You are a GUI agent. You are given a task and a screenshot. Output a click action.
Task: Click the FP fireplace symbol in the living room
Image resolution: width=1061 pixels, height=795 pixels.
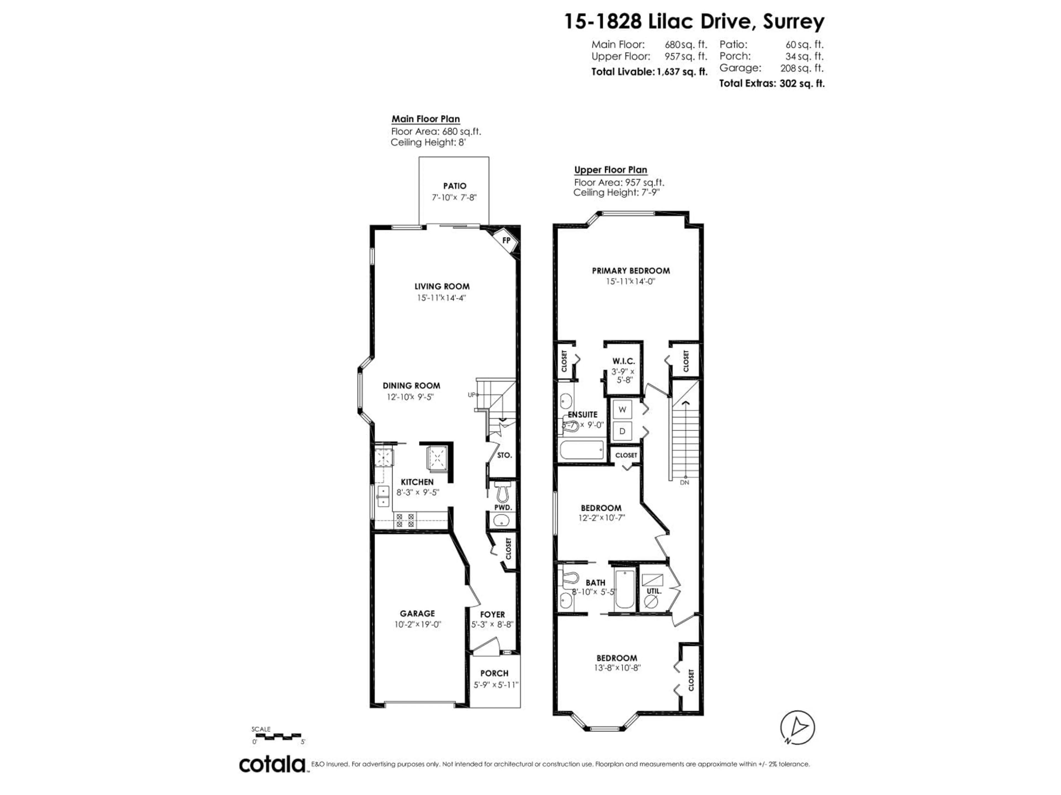(x=506, y=240)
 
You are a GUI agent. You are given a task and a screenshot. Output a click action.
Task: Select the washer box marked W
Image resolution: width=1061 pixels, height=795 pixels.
(x=623, y=409)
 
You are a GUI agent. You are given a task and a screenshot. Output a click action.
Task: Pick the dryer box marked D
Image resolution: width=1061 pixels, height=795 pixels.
(x=623, y=431)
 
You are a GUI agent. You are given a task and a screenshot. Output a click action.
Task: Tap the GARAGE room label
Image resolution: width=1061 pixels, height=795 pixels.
(x=417, y=613)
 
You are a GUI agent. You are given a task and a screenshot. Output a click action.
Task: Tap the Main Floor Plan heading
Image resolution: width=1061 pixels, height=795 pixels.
(x=426, y=119)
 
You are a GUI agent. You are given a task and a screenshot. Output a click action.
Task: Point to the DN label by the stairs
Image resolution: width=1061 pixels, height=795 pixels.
(x=684, y=483)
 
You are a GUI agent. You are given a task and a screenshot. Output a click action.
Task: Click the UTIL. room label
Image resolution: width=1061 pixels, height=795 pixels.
(x=654, y=591)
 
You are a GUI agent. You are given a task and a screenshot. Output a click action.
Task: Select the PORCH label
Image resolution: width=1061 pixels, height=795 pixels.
(x=494, y=673)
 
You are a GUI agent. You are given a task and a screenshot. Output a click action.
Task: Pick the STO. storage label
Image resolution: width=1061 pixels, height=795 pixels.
(x=505, y=455)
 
